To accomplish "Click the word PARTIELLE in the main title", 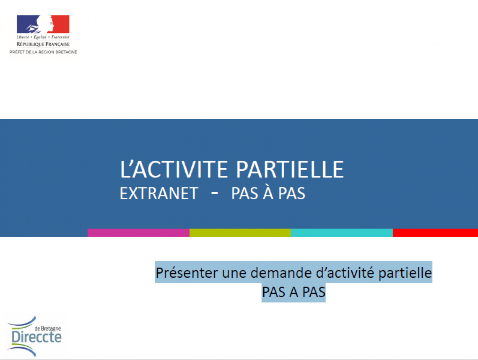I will [x=290, y=169].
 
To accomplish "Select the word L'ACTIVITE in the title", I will [x=174, y=169].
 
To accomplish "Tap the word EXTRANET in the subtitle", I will [x=159, y=193].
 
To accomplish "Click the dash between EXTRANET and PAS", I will [x=215, y=193].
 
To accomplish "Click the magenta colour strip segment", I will [x=138, y=233].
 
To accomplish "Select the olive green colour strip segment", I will [x=240, y=233].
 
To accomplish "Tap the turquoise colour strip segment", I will [x=342, y=233].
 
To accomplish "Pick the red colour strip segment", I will [x=435, y=233].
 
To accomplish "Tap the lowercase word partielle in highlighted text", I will [x=405, y=273].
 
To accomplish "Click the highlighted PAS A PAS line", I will [x=294, y=292].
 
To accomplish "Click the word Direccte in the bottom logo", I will [x=37, y=337].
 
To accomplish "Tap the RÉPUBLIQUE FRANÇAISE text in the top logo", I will [x=43, y=44].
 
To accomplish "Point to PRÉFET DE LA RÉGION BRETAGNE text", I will [x=43, y=52].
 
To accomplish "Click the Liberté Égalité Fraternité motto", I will [x=43, y=37].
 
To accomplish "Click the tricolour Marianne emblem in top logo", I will [x=43, y=24].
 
